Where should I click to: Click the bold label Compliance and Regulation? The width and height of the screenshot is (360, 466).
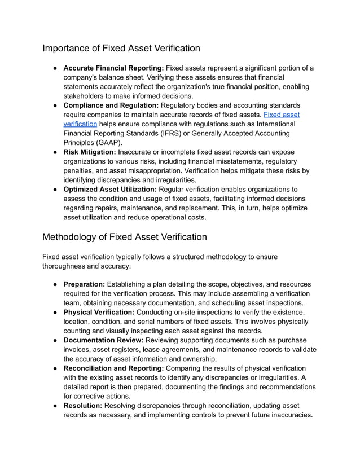[x=111, y=105]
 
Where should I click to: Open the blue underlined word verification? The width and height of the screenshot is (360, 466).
[x=80, y=124]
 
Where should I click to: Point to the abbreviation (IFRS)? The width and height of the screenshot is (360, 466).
[x=186, y=133]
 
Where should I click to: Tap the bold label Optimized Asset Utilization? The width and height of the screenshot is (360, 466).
[x=110, y=190]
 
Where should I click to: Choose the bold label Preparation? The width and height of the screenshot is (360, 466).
[x=84, y=284]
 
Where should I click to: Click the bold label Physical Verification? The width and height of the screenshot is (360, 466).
[x=99, y=313]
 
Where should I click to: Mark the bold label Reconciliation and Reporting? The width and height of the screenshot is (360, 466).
[x=113, y=368]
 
